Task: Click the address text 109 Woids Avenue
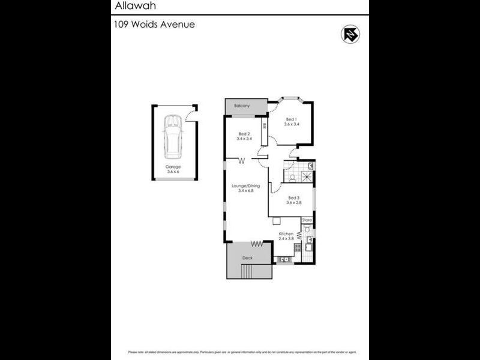coord(154,25)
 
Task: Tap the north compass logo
coord(350,34)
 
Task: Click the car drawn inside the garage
coord(173,134)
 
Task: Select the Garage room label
coord(173,167)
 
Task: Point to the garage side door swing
coord(191,114)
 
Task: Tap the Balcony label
coord(242,106)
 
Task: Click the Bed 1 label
coord(292,119)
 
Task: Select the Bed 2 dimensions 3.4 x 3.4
coord(244,139)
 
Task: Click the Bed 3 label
coord(293,197)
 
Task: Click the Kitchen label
coord(286,233)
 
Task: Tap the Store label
coord(307,220)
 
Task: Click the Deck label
coord(247,258)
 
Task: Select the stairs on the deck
coord(247,272)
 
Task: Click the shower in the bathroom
coord(307,176)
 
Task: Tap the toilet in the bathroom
coord(292,178)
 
